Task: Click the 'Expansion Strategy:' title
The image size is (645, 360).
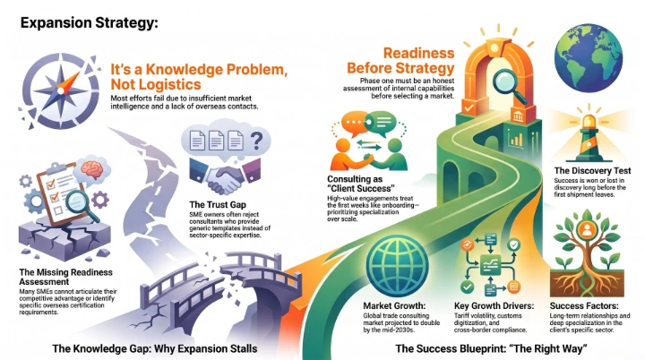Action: (x=89, y=22)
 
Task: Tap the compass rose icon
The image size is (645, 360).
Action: (x=61, y=90)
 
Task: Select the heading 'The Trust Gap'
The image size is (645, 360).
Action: (x=218, y=204)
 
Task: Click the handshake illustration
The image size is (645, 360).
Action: (x=225, y=176)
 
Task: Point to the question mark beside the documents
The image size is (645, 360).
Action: (x=257, y=141)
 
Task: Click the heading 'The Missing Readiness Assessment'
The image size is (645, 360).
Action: (x=65, y=277)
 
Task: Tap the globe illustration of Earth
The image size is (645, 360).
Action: (x=589, y=57)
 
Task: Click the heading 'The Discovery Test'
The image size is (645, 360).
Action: (x=592, y=170)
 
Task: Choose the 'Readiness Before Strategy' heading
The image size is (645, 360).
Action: (x=400, y=60)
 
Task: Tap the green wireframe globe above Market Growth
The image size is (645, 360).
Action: (x=397, y=265)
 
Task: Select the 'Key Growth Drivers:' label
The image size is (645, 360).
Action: (x=494, y=306)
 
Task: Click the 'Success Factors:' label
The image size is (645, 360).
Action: (x=584, y=306)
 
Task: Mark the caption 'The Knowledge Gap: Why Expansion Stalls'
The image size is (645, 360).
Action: (x=155, y=348)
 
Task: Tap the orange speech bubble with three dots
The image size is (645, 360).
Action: (x=355, y=123)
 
